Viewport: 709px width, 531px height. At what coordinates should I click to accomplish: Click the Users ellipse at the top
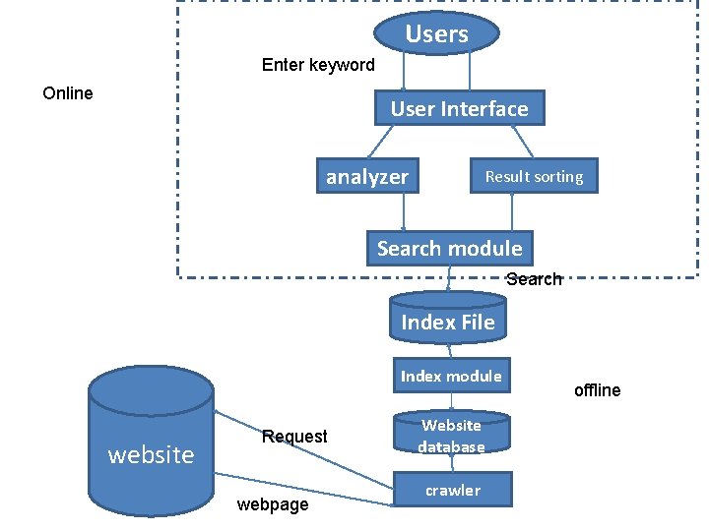[436, 34]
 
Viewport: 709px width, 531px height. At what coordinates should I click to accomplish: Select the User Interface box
[459, 109]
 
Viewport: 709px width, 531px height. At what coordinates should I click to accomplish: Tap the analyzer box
[367, 177]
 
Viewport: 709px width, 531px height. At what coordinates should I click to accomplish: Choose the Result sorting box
[534, 176]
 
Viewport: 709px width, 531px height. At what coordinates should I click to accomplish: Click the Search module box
[449, 249]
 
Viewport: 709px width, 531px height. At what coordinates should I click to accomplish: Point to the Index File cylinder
[448, 321]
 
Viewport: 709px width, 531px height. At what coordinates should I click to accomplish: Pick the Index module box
[451, 376]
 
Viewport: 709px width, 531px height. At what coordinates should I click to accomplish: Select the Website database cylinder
[451, 436]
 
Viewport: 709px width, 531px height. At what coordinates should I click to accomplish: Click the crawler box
[453, 490]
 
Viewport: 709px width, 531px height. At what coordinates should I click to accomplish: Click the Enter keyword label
[318, 65]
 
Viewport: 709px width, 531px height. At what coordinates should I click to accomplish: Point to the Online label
[68, 93]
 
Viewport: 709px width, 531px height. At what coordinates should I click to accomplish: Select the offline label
[597, 390]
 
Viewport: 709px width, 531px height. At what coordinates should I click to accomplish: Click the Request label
[294, 436]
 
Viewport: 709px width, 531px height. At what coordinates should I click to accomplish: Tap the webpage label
[273, 504]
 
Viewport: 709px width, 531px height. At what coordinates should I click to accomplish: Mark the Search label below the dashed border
[534, 279]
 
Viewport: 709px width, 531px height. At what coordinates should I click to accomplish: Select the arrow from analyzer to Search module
[404, 212]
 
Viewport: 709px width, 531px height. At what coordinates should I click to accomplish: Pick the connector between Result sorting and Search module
[512, 212]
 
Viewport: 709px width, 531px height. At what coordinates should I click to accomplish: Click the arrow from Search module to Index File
[448, 279]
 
